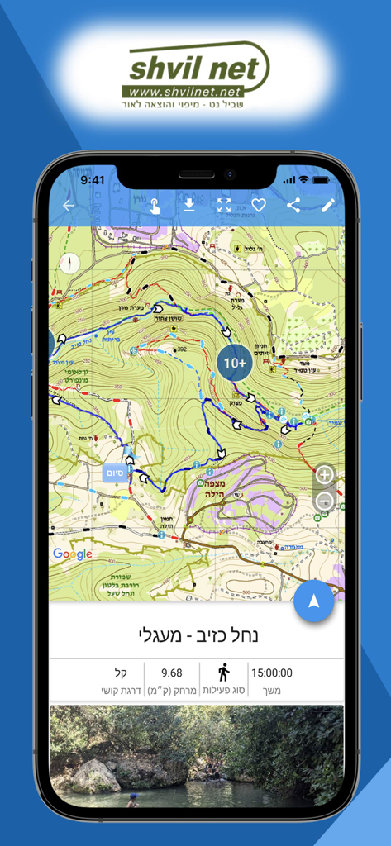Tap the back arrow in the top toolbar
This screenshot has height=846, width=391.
pyautogui.click(x=69, y=206)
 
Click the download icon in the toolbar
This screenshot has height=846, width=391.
pyautogui.click(x=189, y=206)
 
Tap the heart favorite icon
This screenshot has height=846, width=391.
pyautogui.click(x=259, y=206)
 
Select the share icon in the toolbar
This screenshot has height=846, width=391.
pyautogui.click(x=293, y=206)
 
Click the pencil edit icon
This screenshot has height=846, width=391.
pyautogui.click(x=328, y=206)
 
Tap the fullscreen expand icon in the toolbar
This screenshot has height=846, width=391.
pyautogui.click(x=224, y=206)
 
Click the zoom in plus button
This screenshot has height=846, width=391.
pyautogui.click(x=325, y=475)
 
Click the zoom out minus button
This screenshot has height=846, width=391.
pyautogui.click(x=325, y=501)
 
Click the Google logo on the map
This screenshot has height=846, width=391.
pyautogui.click(x=73, y=554)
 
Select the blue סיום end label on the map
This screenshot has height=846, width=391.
pyautogui.click(x=115, y=473)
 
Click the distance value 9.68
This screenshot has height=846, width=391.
pyautogui.click(x=171, y=673)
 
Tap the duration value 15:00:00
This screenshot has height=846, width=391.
pyautogui.click(x=271, y=673)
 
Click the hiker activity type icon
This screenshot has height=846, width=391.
pyautogui.click(x=223, y=672)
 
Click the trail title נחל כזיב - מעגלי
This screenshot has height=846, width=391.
pyautogui.click(x=196, y=635)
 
